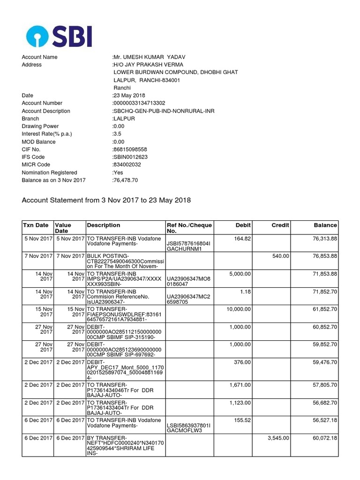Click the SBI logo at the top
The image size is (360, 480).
[58, 36]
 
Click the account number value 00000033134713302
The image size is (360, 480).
[139, 103]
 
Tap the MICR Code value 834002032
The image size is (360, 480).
[127, 165]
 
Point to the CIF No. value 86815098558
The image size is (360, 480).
[130, 149]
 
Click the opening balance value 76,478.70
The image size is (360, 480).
[125, 180]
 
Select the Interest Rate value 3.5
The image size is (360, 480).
[116, 134]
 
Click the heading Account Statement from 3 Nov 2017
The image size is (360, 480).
[106, 200]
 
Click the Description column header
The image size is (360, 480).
[104, 225]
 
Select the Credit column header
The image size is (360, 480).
[280, 225]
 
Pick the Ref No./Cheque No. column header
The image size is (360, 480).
[189, 228]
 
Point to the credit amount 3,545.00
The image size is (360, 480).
[278, 438]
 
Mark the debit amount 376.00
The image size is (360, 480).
[242, 362]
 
